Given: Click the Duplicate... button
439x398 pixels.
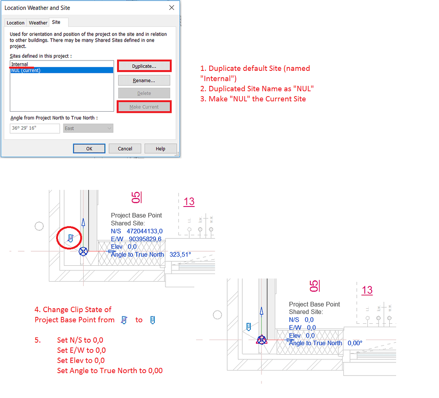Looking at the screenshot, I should (144, 66).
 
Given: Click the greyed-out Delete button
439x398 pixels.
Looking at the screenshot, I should (144, 93).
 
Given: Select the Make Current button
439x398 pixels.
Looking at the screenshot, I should (144, 107).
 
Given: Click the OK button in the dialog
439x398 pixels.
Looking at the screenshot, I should (89, 149).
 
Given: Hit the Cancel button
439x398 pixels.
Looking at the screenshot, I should (125, 149).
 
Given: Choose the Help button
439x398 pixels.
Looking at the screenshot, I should (160, 149).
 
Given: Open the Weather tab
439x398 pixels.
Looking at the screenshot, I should (38, 23).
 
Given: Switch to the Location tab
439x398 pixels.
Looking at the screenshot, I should (16, 23).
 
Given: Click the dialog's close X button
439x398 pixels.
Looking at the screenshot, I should (171, 8).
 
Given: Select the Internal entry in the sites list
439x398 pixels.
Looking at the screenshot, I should (20, 64).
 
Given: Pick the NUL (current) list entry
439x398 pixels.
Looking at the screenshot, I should (26, 70).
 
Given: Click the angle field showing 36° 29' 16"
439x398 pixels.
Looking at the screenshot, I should (35, 128).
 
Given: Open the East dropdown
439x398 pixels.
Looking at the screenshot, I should (88, 128).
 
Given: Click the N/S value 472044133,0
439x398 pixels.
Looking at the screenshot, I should (144, 231).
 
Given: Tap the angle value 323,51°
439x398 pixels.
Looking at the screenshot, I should (180, 255).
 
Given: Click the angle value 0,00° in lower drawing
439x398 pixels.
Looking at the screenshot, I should (355, 343).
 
